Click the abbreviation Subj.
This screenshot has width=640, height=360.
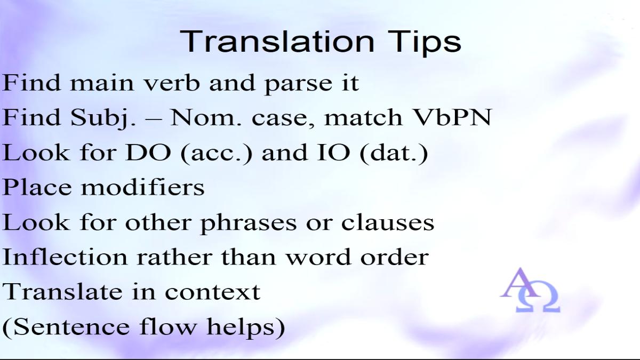point(103,118)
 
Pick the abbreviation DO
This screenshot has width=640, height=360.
point(148,153)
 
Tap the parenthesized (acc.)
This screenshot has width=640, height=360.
point(217,154)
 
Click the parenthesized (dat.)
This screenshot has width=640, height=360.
point(394,154)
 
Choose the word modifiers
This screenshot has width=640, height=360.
point(143,187)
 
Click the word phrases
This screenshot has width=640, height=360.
point(249,223)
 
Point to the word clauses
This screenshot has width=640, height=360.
point(388,222)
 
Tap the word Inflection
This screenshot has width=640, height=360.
point(65,257)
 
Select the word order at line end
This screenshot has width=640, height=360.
point(395,257)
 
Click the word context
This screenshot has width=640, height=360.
point(213,293)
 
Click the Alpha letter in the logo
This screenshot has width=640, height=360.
point(521,283)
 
